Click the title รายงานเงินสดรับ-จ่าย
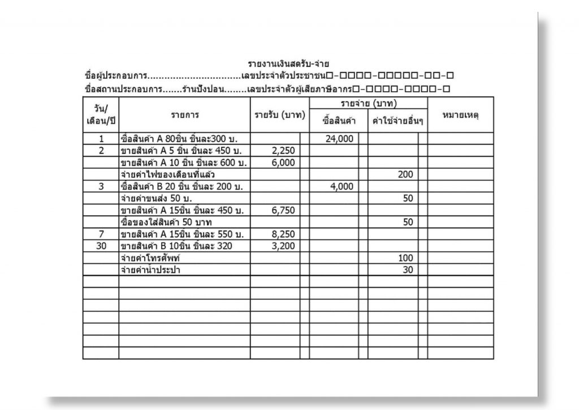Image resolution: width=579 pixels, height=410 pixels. (x=289, y=63)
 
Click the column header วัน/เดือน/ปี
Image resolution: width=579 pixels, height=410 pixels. (x=101, y=115)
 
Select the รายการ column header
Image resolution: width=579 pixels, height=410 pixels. (x=185, y=115)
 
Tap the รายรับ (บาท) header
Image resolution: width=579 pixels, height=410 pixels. (x=280, y=115)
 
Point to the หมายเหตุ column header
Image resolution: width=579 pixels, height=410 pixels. (x=460, y=115)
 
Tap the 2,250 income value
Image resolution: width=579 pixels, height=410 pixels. (x=283, y=151)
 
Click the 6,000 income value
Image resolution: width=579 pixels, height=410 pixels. (x=283, y=163)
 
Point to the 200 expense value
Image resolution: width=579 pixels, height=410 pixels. (x=405, y=174)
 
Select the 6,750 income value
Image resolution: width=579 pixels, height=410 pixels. (x=283, y=210)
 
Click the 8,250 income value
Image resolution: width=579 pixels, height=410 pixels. (x=283, y=234)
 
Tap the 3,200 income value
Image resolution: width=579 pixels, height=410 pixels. (x=283, y=246)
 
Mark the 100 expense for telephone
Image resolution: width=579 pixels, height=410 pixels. (x=405, y=258)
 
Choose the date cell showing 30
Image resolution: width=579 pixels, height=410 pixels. (x=101, y=246)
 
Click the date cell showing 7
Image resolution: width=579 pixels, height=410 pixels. (x=101, y=234)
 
